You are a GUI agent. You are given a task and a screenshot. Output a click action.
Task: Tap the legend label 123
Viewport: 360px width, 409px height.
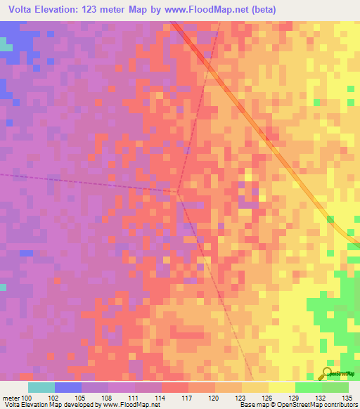coord(242,397)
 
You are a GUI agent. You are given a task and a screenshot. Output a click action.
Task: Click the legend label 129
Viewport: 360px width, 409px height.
coord(295,397)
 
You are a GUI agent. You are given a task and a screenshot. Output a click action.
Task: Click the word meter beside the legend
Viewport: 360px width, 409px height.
coord(10,397)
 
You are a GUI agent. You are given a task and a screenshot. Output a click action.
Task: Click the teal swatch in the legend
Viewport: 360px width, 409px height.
coord(41,387)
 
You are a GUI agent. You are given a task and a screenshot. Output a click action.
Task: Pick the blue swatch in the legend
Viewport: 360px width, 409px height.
coord(67,387)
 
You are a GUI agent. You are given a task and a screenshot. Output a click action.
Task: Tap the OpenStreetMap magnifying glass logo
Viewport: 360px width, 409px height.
coord(327,373)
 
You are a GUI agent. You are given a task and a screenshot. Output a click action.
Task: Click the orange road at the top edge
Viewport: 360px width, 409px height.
coord(175,25)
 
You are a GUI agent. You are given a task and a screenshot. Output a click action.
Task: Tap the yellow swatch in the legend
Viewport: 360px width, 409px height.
coord(281,387)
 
